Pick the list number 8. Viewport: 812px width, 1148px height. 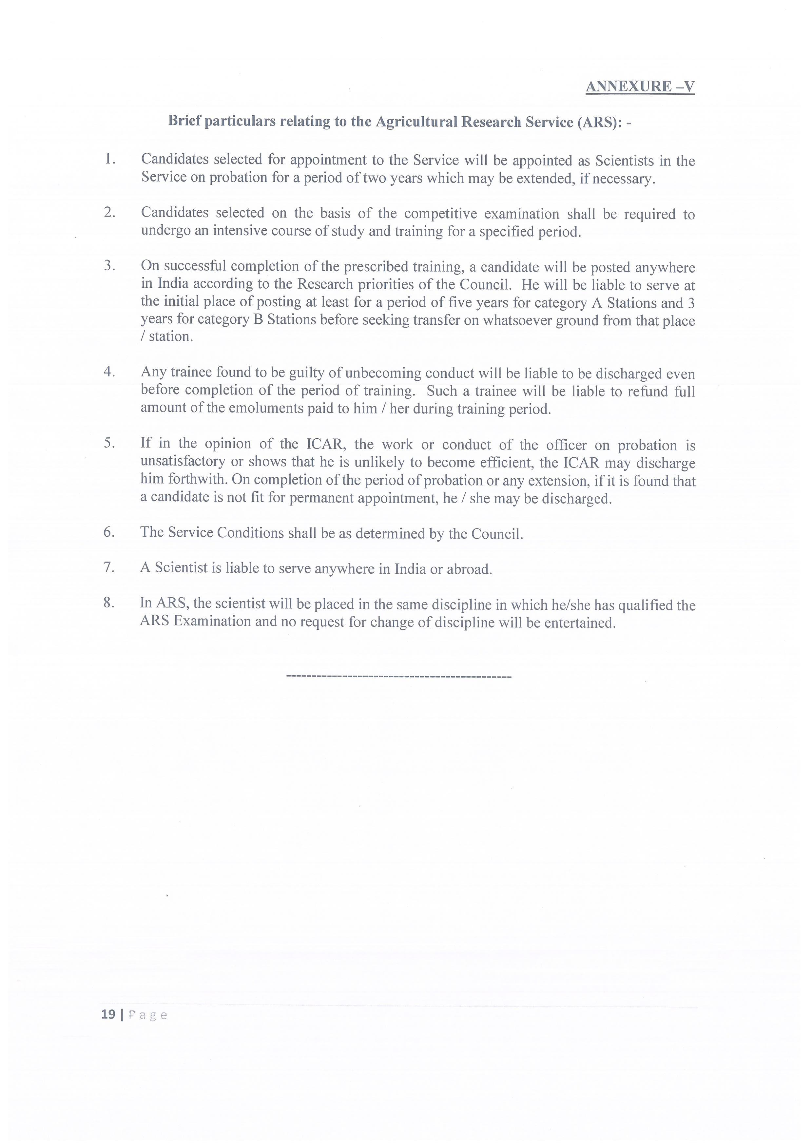click(x=109, y=603)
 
